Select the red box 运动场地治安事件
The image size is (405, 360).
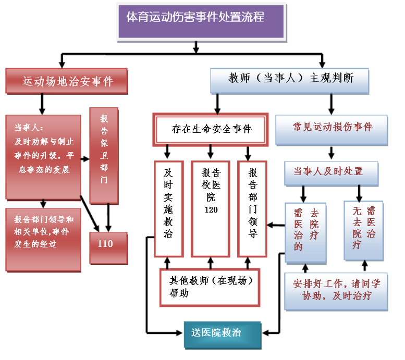pos(67,81)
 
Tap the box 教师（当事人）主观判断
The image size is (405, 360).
pos(290,79)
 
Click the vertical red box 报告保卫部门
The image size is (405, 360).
pos(104,155)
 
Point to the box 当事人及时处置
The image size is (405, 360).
pos(331,172)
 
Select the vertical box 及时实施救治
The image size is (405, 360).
pos(168,208)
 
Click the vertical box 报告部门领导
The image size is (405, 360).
pos(253,208)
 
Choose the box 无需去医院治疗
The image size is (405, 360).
pos(364,229)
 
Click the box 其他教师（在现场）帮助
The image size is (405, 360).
pos(210,287)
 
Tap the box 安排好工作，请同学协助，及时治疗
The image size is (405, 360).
pos(336,291)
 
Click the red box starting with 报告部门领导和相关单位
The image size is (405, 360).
pos(44,239)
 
